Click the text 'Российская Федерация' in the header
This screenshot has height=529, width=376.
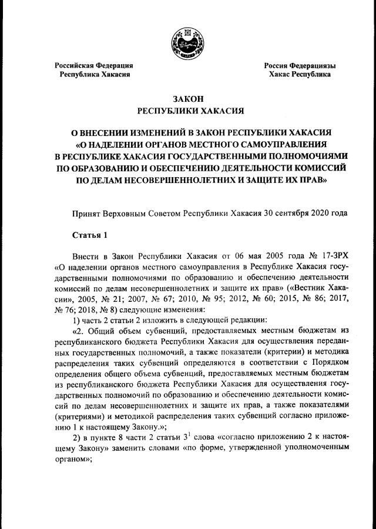coord(94,65)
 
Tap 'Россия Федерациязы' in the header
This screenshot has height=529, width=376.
coord(300,65)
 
